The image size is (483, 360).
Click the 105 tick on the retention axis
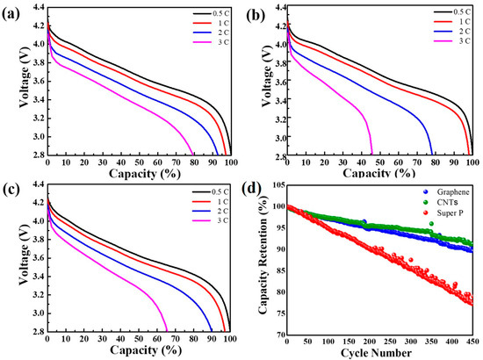(x=275, y=186)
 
